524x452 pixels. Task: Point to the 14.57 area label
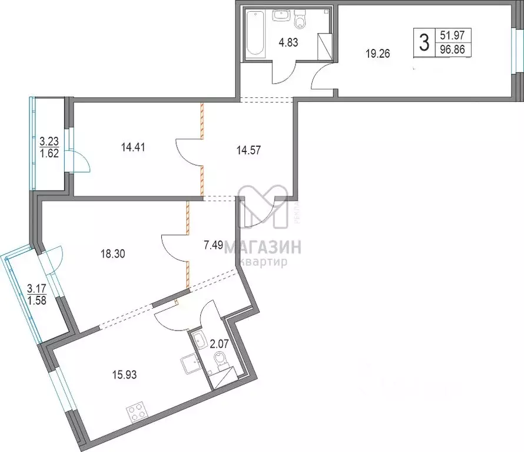248,150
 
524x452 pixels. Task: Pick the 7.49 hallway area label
213,246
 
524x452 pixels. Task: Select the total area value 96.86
452,50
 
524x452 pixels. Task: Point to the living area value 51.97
452,35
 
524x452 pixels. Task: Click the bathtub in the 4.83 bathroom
256,34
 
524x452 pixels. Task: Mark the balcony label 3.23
48,141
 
